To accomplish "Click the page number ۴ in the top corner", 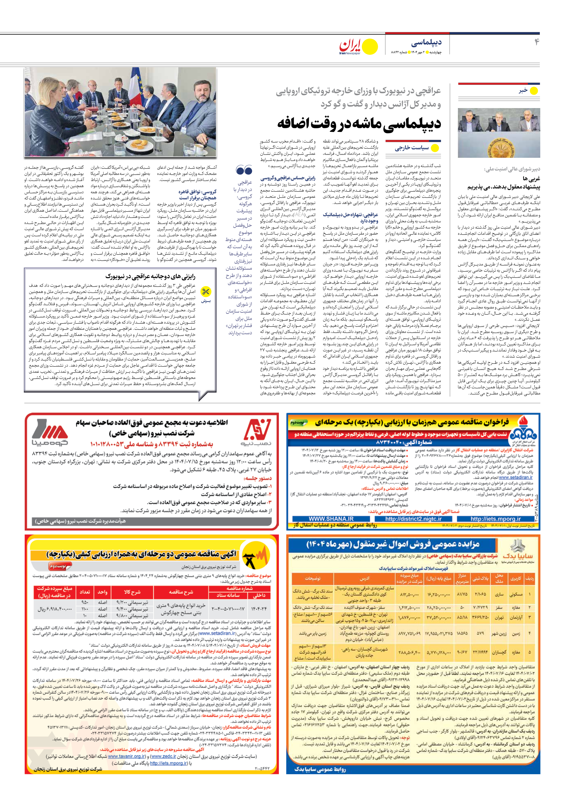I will coord(536,42).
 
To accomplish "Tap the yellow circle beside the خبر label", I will coord(534,91).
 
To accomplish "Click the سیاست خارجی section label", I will coord(411,148).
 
